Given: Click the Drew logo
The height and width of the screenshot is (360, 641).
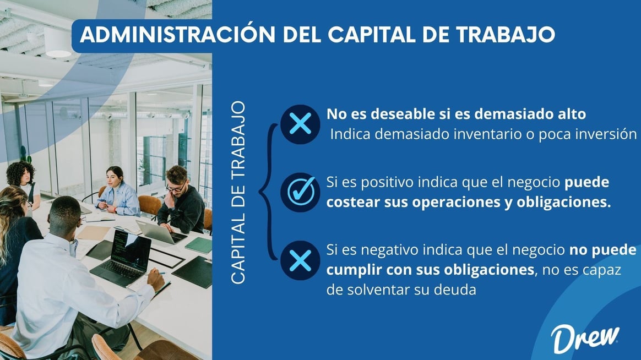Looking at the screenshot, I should point(585,339).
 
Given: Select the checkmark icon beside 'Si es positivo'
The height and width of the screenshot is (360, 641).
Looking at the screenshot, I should point(300,193).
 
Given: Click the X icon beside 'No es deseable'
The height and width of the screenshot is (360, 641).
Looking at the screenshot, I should point(300,124).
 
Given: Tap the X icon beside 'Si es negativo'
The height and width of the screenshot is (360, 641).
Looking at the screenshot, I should point(300,260).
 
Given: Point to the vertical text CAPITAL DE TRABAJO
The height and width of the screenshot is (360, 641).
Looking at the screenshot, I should point(238,193).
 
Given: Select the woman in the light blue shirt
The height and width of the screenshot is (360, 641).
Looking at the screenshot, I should point(117,193).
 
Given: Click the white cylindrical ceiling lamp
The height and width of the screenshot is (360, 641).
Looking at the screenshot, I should point(57,42).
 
